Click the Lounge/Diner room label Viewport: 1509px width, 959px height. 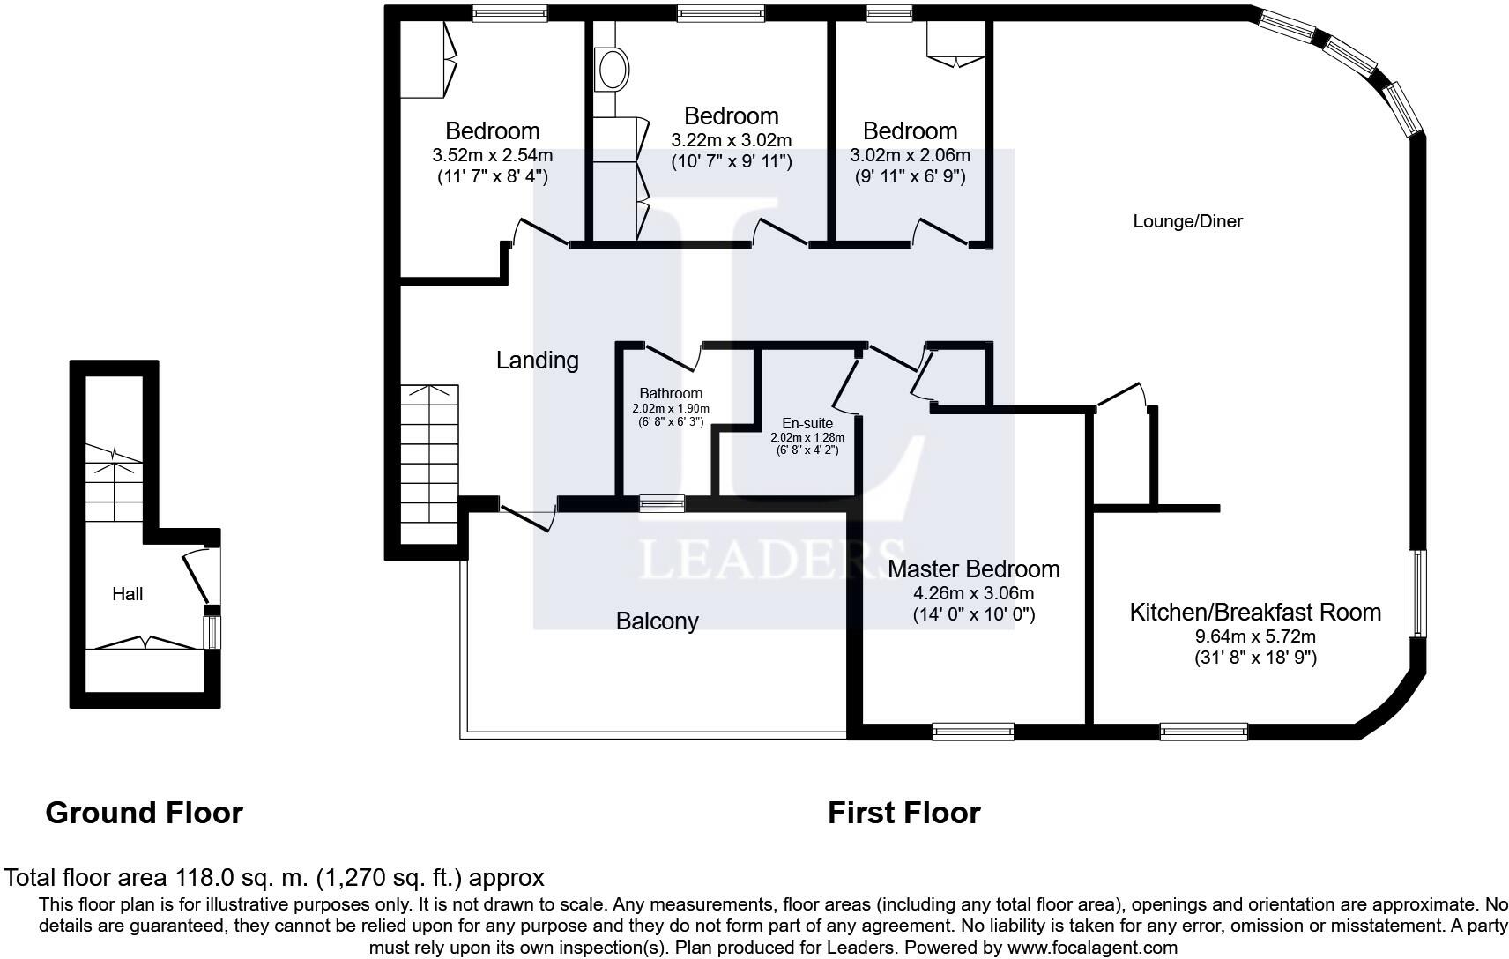point(1187,221)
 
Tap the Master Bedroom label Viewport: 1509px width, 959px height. point(973,569)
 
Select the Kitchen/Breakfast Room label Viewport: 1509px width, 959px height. point(1255,612)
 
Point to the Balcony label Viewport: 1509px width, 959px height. point(657,621)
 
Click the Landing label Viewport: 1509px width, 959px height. point(537,360)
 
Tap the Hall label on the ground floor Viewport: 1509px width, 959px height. point(127,594)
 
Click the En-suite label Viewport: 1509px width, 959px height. point(807,424)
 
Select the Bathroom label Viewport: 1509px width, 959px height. point(671,394)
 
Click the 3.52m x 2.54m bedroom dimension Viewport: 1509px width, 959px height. point(492,155)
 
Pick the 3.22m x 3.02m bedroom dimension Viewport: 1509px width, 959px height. point(732,140)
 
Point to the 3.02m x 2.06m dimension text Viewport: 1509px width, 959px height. point(910,155)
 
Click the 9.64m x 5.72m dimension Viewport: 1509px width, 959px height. point(1255,636)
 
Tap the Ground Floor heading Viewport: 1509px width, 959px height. point(144,812)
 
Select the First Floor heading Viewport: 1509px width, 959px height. point(903,812)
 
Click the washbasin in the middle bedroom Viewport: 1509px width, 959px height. point(611,69)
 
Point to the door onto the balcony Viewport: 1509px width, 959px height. point(527,515)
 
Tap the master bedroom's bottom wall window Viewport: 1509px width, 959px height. point(973,731)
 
